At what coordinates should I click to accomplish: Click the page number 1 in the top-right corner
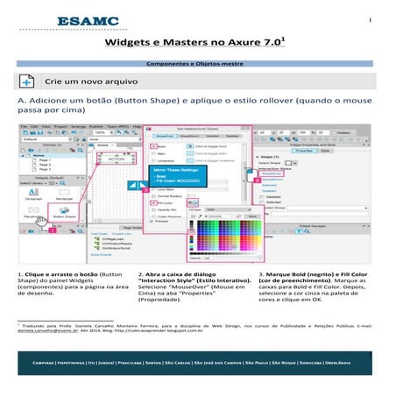click(371, 20)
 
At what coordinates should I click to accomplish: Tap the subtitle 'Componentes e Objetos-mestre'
click(198, 65)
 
